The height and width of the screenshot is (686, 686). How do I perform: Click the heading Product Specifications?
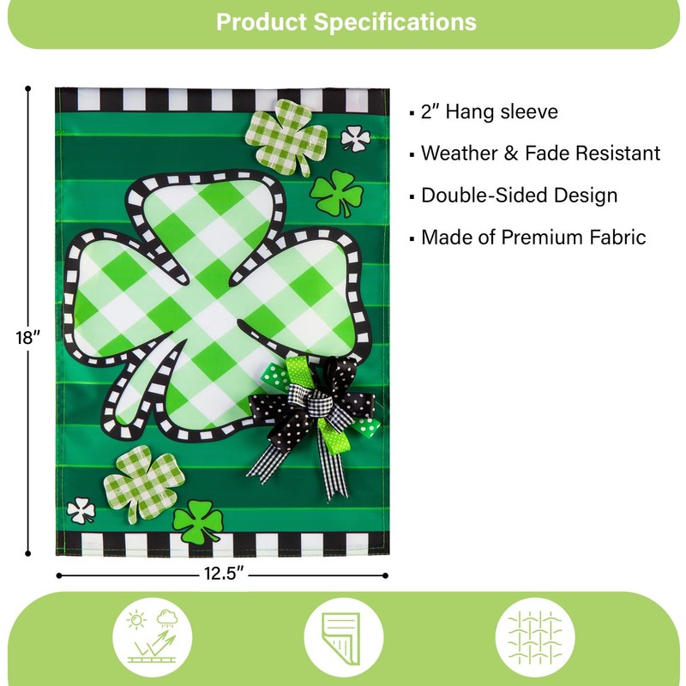346,21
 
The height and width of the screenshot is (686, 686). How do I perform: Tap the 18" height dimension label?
28,337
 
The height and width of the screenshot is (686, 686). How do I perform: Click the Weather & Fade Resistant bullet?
540,153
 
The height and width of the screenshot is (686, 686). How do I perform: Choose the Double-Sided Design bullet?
519,196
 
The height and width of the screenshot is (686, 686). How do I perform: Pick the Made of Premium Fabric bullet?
533,238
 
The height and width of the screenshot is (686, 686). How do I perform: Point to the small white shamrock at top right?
354,137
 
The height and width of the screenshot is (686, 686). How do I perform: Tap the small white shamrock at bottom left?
81,510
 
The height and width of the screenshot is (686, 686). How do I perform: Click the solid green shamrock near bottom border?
198,521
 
